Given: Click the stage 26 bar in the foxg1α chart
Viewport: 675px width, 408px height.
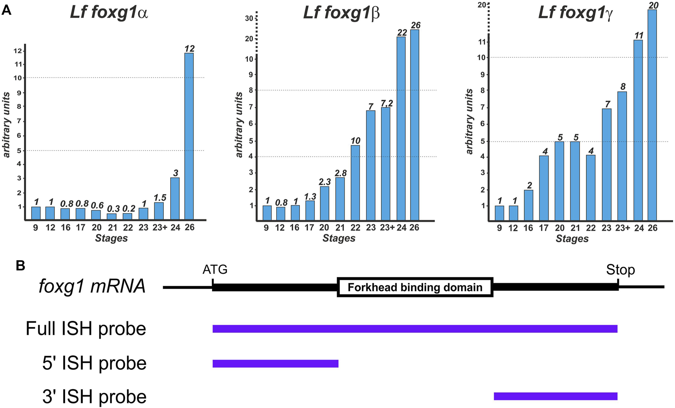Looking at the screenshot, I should tap(189, 136).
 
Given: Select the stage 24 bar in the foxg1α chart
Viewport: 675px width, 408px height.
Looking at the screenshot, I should tap(175, 199).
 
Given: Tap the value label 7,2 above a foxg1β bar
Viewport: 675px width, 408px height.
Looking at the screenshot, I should tap(387, 104).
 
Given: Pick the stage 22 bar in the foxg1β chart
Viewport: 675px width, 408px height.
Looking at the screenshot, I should tap(355, 183).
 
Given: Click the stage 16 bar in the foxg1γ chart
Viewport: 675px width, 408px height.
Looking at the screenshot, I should tap(528, 205).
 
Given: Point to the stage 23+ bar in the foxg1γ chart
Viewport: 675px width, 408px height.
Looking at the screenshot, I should tap(622, 156).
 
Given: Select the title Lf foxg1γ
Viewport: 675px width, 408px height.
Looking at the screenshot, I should tap(575, 12).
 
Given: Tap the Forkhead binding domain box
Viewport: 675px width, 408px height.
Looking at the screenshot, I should tap(415, 287).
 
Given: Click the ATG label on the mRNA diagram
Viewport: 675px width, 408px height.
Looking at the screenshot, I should tap(215, 270).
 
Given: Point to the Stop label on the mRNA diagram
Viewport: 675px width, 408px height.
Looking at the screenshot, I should tap(620, 270).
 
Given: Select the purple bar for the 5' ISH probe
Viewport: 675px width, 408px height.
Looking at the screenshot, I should tap(275, 363).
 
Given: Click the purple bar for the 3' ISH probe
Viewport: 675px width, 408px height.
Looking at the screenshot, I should tap(555, 396).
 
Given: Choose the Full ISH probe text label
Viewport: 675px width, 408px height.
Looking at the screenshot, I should tap(86, 328).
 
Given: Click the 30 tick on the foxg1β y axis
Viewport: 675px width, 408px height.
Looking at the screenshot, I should tap(249, 18).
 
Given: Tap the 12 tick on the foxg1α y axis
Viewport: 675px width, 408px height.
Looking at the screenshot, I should tap(18, 51).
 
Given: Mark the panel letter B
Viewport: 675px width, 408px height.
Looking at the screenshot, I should tap(21, 266).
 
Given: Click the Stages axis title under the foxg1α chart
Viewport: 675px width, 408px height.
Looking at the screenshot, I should tap(111, 238).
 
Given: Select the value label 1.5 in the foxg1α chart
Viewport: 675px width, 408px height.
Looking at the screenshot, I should tap(160, 198).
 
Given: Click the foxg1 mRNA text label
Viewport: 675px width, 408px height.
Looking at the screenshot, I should tap(92, 286).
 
